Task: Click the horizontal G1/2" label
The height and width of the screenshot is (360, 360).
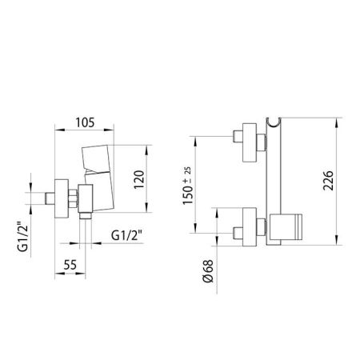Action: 126,235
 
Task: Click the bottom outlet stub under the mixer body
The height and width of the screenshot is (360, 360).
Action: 86,214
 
